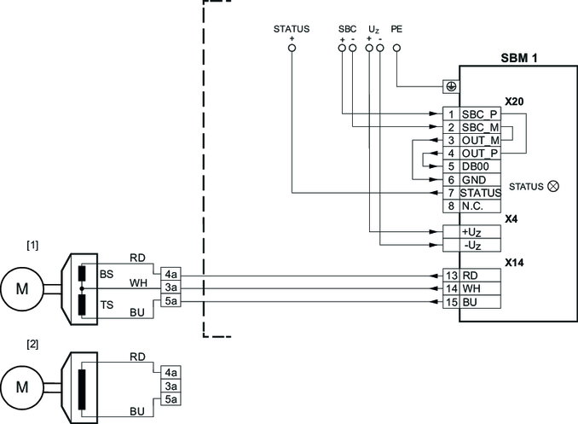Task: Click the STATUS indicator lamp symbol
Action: coord(552,185)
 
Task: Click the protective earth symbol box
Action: coord(450,87)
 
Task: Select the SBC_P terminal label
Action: coord(479,113)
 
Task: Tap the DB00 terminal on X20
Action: coord(476,166)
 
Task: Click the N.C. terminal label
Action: coord(474,206)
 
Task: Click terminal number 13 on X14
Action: coord(452,276)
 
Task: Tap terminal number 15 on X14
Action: coord(452,302)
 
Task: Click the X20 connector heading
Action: coord(514,101)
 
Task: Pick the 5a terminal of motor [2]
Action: coord(171,398)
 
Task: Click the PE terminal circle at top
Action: coord(396,49)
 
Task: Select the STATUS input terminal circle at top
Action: coord(291,49)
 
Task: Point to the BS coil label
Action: coord(107,274)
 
